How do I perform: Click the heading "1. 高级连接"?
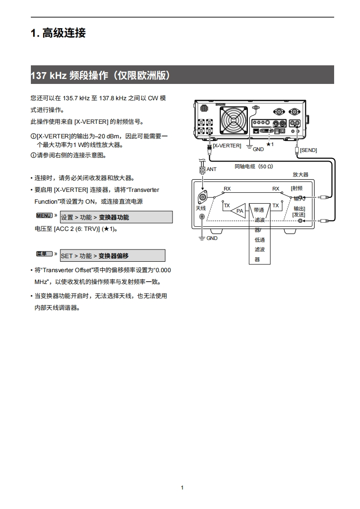tap(58, 33)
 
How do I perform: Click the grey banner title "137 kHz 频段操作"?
tap(100, 75)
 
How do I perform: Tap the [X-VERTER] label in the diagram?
tap(227, 146)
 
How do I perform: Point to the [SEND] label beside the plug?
tap(308, 150)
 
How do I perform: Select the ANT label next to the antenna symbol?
tap(212, 169)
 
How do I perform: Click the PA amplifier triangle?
tap(239, 210)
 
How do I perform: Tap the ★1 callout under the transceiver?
tap(270, 144)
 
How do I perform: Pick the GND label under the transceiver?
tap(258, 149)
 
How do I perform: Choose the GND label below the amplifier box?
tap(212, 238)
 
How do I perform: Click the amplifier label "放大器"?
tap(300, 174)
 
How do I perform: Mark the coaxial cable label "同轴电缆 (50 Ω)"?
tap(254, 166)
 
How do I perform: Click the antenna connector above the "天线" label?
tap(202, 198)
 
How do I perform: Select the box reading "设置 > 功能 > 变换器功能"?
tap(116, 217)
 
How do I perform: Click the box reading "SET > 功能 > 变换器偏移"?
tap(112, 256)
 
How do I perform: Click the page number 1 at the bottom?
tap(182, 488)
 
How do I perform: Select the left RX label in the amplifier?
tap(227, 189)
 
